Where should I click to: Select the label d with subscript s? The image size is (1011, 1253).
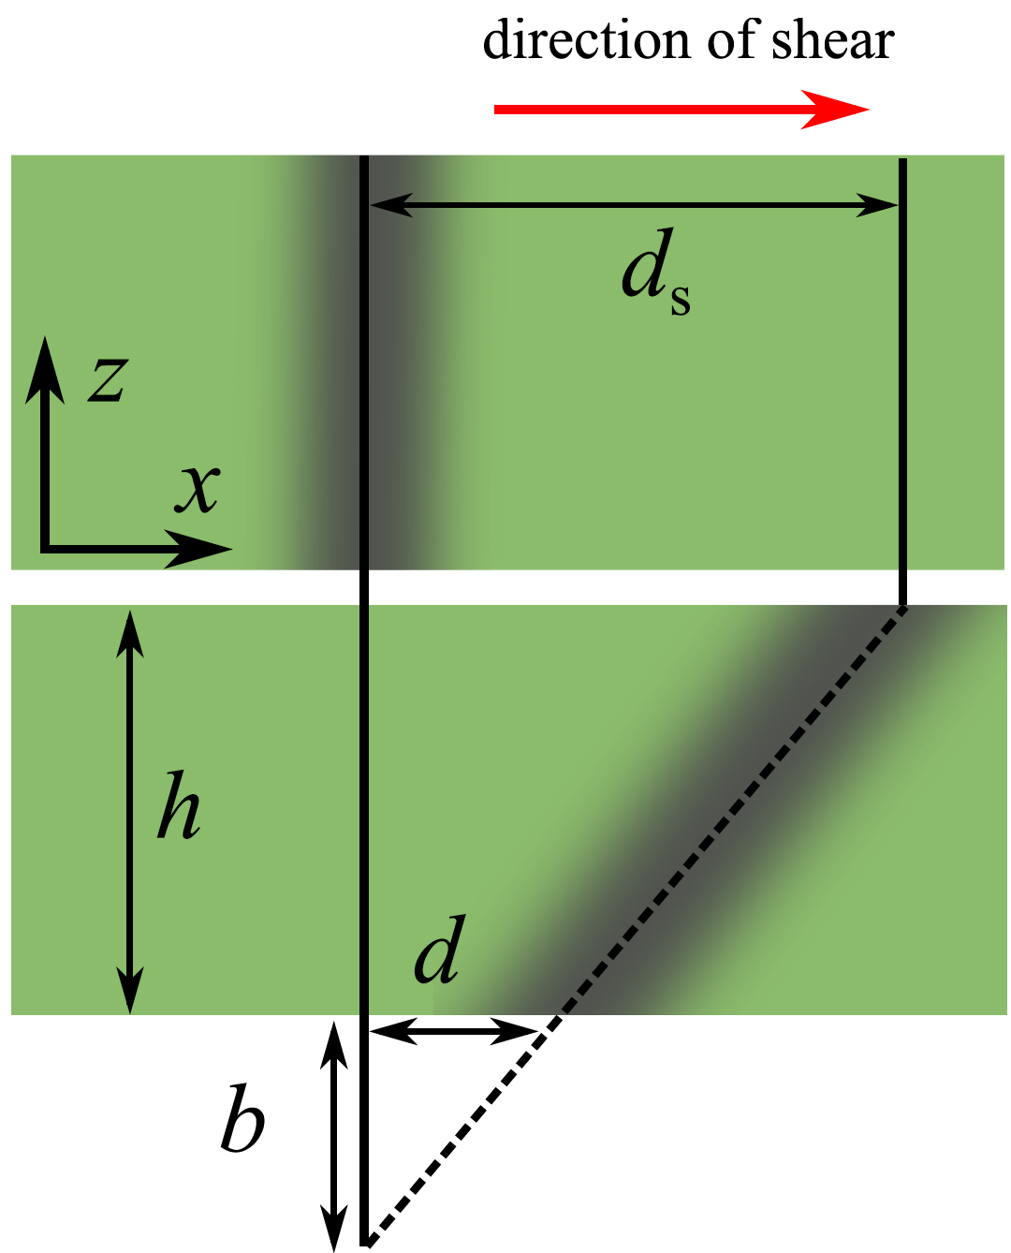pos(655,273)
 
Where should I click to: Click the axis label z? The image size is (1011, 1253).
pos(109,379)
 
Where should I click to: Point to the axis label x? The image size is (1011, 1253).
pos(198,488)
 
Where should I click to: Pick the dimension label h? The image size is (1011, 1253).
pos(179,806)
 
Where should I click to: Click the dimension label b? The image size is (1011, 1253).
pos(242,1119)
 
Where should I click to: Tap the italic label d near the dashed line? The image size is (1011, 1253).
pos(439,951)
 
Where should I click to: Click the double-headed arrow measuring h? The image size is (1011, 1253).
pos(130,811)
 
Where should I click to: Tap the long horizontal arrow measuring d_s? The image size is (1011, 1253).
pos(635,203)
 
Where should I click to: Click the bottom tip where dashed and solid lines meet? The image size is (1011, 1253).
pos(366,1243)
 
